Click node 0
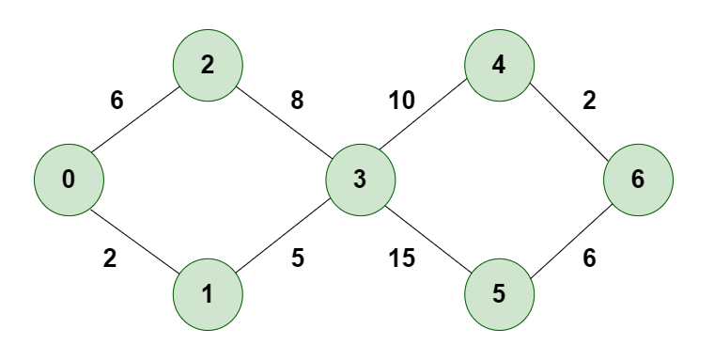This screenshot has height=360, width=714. click(68, 179)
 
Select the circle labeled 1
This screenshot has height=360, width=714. click(208, 294)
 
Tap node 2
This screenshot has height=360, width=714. click(208, 65)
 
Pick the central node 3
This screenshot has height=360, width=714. click(359, 179)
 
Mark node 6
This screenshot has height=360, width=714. click(639, 179)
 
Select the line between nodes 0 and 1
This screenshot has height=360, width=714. click(137, 236)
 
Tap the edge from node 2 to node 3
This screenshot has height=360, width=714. click(283, 121)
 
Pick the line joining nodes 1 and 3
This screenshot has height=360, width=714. click(283, 236)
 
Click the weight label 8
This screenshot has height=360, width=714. click(297, 101)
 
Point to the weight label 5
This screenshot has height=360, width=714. click(297, 258)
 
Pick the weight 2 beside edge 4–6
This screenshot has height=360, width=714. click(589, 101)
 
